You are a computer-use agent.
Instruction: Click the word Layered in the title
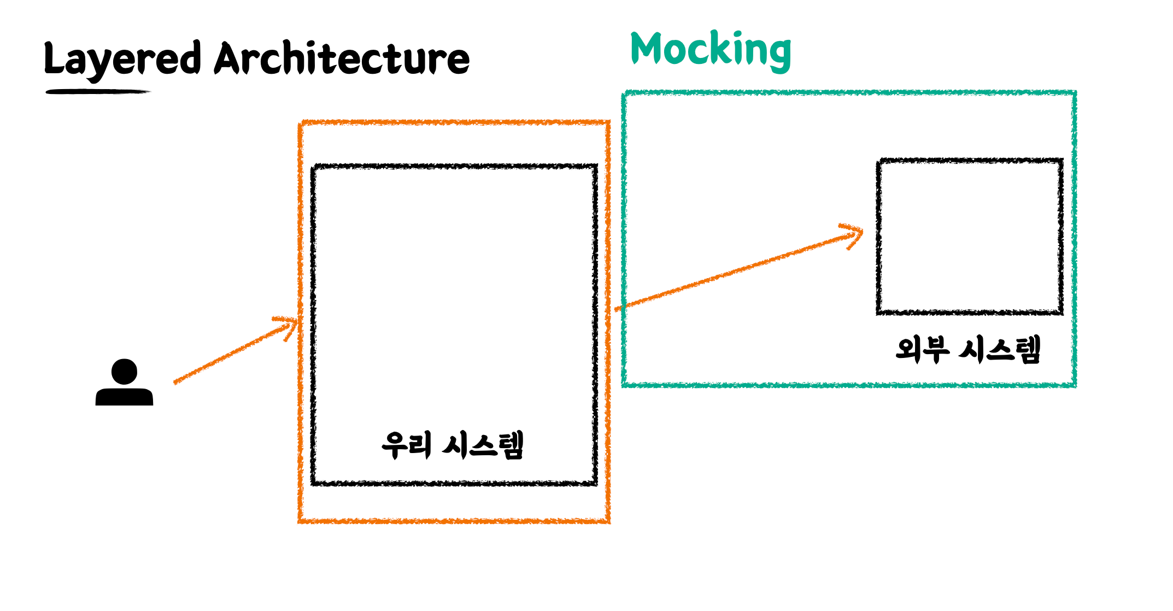[122, 59]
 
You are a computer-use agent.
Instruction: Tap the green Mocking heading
[711, 50]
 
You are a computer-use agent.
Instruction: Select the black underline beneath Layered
[97, 92]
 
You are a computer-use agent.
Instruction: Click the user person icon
[124, 383]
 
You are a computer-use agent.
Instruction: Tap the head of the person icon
[124, 372]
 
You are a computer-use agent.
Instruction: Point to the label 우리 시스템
[453, 445]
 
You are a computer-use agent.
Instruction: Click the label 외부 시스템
[968, 350]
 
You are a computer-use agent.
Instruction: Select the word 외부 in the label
[922, 350]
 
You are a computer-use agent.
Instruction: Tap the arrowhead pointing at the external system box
[854, 235]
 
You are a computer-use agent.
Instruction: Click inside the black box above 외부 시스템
[970, 237]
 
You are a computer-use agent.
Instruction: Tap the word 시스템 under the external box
[1000, 350]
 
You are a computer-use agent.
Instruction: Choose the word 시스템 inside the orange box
[483, 445]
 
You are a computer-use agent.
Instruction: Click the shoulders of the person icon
[124, 396]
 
